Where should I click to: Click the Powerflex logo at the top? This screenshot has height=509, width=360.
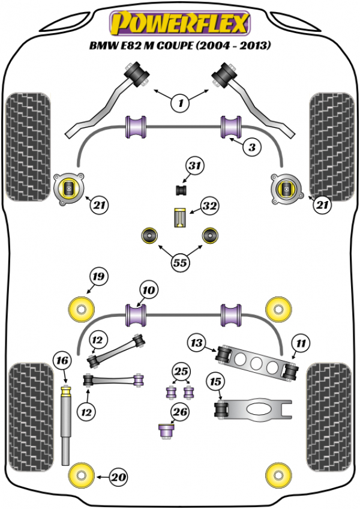(x=180, y=23)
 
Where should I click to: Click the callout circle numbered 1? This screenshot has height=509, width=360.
(x=181, y=103)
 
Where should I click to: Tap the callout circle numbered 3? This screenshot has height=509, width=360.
(x=252, y=147)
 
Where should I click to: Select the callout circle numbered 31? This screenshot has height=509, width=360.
(x=195, y=166)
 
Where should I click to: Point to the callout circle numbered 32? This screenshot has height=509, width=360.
(x=209, y=206)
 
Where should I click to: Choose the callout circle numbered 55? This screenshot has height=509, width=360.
(x=180, y=262)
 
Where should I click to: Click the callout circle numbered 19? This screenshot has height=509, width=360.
(x=98, y=277)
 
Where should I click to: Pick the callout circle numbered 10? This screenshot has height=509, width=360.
(x=149, y=290)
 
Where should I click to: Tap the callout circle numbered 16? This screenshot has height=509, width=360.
(x=62, y=361)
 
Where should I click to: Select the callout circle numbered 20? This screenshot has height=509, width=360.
(x=118, y=477)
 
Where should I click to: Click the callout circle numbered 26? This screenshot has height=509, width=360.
(x=180, y=412)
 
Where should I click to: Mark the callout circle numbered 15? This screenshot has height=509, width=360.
(x=215, y=382)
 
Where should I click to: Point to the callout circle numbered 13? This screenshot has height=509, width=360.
(x=197, y=343)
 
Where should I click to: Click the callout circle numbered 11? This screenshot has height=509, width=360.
(x=301, y=343)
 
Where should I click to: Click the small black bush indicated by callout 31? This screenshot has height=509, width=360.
(x=182, y=190)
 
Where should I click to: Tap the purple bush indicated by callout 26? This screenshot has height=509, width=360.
(x=167, y=431)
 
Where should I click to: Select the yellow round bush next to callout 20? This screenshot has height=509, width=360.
(x=81, y=476)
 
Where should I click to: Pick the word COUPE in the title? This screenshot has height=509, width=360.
(x=175, y=46)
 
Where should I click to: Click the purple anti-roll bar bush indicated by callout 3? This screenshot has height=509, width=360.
(x=231, y=127)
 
